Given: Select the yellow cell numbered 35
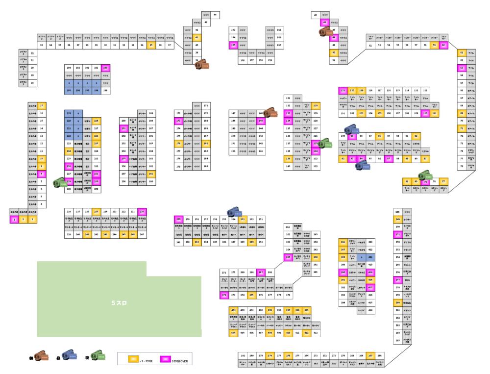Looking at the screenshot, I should (151, 45).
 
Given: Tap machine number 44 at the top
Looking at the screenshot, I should (215, 14).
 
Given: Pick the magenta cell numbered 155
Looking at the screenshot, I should (233, 45).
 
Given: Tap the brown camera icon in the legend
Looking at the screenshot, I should (42, 357).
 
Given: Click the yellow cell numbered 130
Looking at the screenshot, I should (316, 105).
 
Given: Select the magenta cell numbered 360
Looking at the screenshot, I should (178, 219).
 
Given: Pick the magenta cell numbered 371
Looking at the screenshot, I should (224, 295).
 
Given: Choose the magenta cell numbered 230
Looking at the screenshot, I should (142, 211).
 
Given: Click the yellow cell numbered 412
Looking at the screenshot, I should (306, 333).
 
